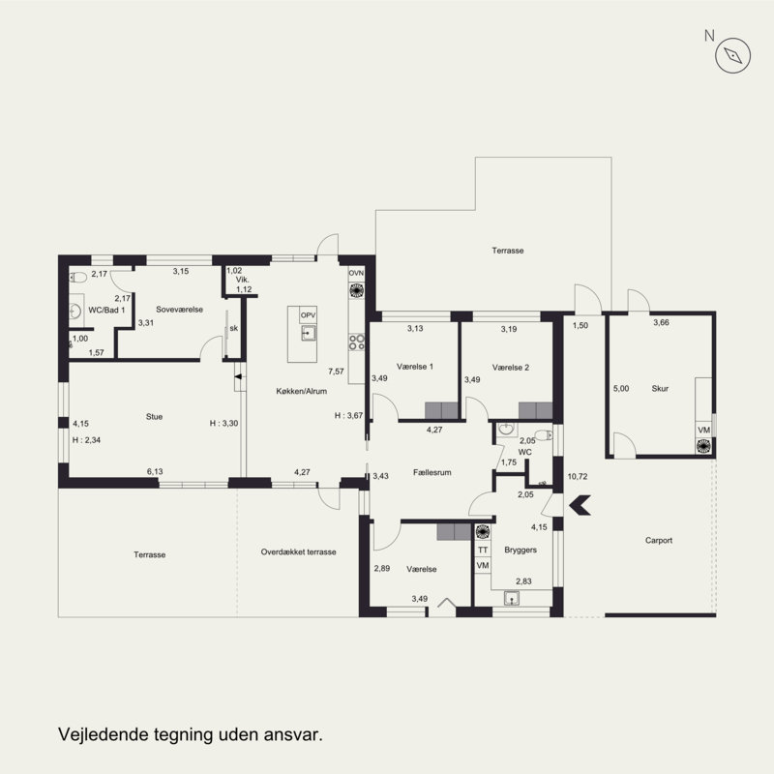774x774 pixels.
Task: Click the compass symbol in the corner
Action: pos(732,55)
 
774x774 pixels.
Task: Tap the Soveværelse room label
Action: pos(179,310)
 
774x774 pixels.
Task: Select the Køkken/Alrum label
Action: pos(301,391)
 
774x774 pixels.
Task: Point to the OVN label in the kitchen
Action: pos(356,273)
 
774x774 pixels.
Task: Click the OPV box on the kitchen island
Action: pos(308,315)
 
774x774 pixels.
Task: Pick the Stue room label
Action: pos(154,417)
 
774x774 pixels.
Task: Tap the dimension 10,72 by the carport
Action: pos(577,476)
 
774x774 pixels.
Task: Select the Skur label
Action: pos(660,389)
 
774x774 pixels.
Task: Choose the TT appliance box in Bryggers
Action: pos(483,550)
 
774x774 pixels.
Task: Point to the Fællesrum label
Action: pos(432,472)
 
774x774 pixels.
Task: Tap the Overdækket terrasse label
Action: pos(298,551)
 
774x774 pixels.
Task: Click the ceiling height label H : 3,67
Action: pos(348,416)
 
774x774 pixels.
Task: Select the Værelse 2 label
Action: pos(511,368)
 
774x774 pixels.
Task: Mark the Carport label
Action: pos(659,541)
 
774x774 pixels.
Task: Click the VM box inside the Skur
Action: pos(704,430)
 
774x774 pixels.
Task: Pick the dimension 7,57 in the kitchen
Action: pos(336,372)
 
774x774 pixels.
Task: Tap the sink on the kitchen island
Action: pos(309,333)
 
